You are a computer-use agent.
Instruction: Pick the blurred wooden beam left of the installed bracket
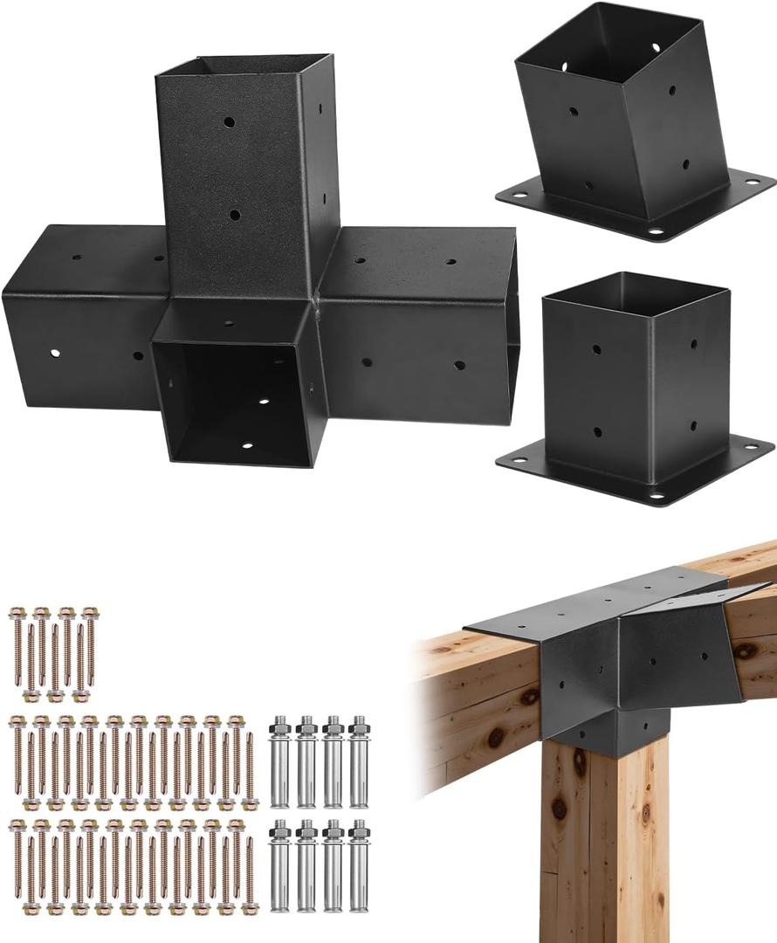click(x=476, y=699)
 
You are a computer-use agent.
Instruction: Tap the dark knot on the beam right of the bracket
click(x=744, y=650)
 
